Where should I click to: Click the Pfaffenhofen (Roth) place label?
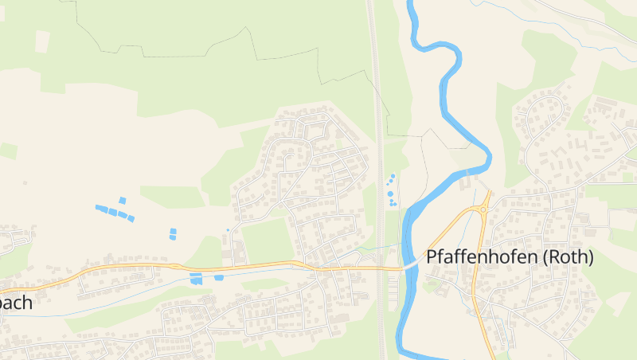510,257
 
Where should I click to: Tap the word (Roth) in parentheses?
568,257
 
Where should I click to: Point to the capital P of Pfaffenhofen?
432,257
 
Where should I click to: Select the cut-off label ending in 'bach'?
15,303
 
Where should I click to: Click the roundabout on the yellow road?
483,210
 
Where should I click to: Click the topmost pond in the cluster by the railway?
393,175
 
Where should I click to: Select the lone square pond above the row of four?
122,200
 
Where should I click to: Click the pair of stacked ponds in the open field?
173,233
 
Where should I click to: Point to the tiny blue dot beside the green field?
228,230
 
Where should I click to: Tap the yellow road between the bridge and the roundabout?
446,235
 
